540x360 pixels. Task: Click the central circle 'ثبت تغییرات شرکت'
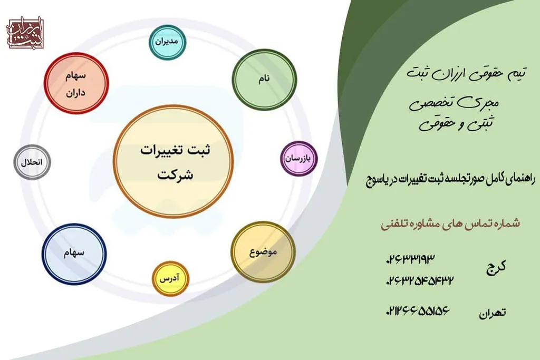[166, 161]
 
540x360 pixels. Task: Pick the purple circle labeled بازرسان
[298, 158]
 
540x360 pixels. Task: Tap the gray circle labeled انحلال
[32, 162]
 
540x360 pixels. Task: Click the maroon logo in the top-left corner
[25, 34]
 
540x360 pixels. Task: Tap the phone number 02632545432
[420, 279]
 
